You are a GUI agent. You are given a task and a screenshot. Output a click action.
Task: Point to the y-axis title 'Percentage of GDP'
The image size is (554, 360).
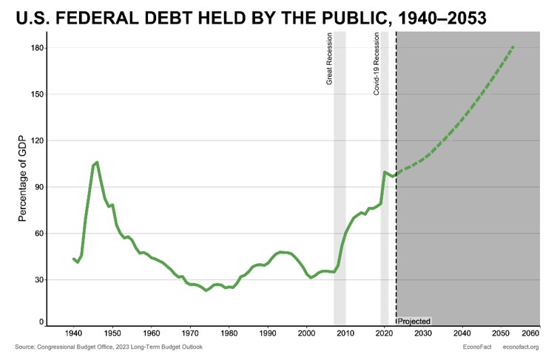tap(22, 178)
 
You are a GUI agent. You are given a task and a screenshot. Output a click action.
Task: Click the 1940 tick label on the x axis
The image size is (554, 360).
tap(74, 333)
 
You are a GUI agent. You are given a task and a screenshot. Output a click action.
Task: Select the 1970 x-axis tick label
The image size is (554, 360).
tap(190, 333)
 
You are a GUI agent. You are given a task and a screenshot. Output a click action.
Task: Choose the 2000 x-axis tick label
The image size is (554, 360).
tap(307, 333)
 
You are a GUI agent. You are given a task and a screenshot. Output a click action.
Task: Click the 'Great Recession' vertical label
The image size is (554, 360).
tap(330, 58)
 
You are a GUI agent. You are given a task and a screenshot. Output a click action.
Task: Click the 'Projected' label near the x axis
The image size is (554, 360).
tap(414, 322)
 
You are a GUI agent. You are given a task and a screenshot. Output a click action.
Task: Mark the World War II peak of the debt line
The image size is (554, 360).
tap(97, 162)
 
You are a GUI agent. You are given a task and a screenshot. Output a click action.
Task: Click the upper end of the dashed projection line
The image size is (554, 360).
tap(513, 47)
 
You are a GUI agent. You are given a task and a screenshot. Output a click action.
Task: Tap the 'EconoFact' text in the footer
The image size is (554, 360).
tap(473, 347)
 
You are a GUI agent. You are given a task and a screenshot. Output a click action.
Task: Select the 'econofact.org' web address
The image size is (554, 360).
tap(521, 347)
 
